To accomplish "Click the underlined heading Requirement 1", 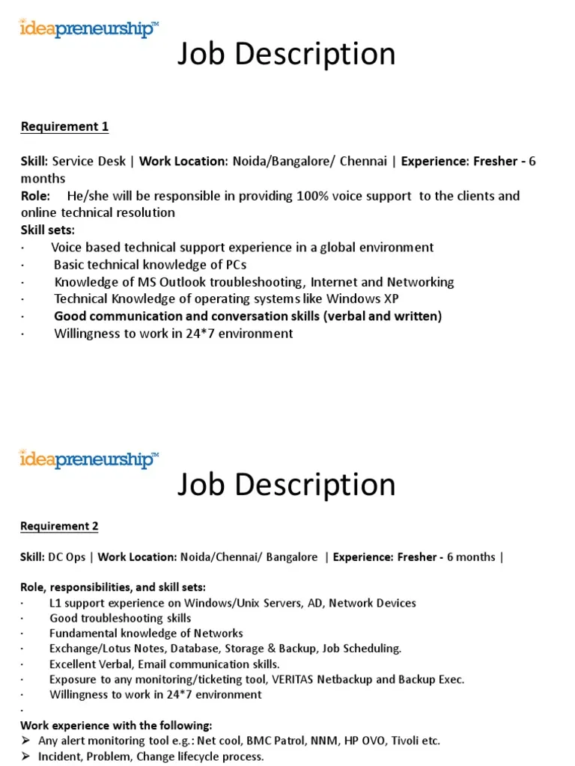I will click(x=64, y=126).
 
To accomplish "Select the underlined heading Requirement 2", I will click(x=59, y=526).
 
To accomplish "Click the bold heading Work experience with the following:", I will click(x=116, y=725).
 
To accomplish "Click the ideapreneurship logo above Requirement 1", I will click(x=89, y=30).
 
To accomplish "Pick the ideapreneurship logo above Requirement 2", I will click(x=89, y=459).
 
